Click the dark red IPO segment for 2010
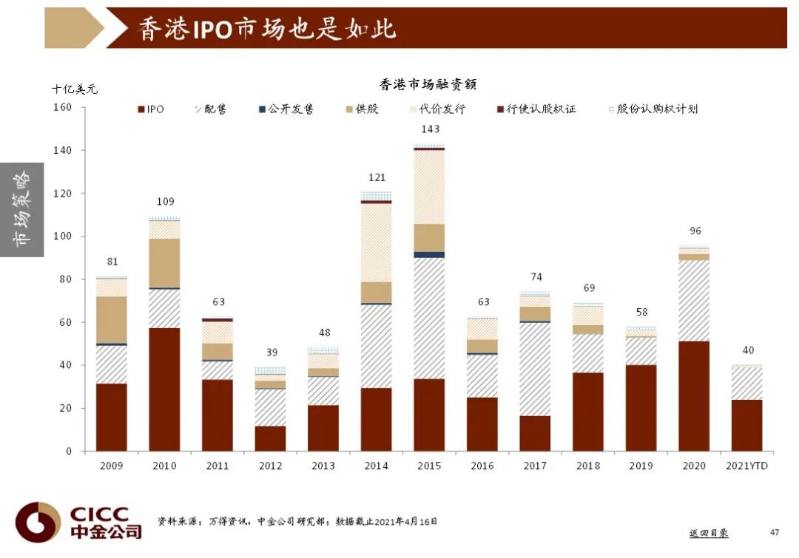pyautogui.click(x=164, y=389)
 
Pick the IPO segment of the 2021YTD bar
pyautogui.click(x=746, y=425)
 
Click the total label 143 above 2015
pyautogui.click(x=429, y=129)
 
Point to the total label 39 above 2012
pyautogui.click(x=270, y=353)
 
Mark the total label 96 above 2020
pyautogui.click(x=694, y=231)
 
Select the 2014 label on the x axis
pyautogui.click(x=376, y=466)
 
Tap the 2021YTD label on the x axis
pyautogui.click(x=746, y=466)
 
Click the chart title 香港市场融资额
pyautogui.click(x=428, y=84)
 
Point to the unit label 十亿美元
pyautogui.click(x=74, y=89)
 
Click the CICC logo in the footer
pyautogui.click(x=78, y=523)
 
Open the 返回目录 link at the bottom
pyautogui.click(x=708, y=533)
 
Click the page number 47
pyautogui.click(x=775, y=532)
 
